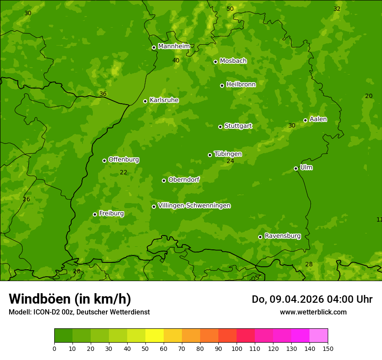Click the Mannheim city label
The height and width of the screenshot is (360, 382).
(x=174, y=46)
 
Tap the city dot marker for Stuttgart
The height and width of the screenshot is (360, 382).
(x=220, y=127)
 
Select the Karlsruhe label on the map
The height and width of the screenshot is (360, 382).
(x=164, y=100)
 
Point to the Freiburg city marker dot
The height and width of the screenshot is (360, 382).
(x=95, y=214)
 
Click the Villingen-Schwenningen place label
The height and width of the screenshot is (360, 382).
(x=194, y=206)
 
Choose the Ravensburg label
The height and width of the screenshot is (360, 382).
(x=282, y=236)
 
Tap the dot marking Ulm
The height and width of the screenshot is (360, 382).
(x=296, y=168)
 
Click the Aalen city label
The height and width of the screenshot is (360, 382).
(x=318, y=119)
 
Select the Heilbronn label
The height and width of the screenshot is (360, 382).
(x=241, y=85)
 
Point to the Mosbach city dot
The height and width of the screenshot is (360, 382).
(x=215, y=62)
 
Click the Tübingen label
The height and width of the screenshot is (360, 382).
(x=227, y=154)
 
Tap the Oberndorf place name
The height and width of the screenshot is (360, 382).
(x=184, y=180)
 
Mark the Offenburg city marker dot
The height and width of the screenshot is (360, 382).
(x=104, y=160)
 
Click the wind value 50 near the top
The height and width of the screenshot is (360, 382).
(x=230, y=9)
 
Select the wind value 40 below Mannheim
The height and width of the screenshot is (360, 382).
(x=176, y=61)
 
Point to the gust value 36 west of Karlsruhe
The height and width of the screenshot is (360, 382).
(x=103, y=94)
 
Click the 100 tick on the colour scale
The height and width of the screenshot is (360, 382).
(x=237, y=348)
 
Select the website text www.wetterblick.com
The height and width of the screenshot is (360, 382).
(x=313, y=312)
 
